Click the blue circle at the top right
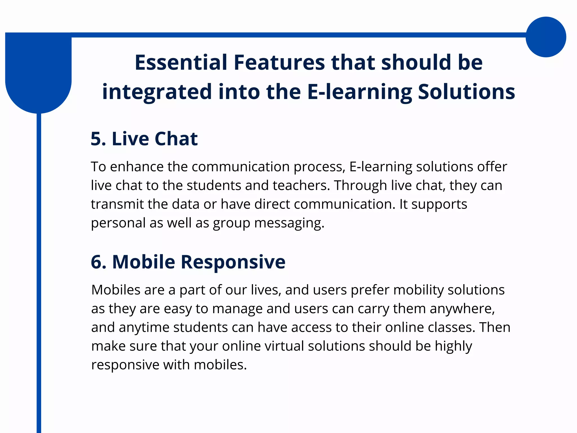tap(546, 37)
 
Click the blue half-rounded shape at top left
tap(38, 73)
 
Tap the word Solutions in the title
tap(466, 92)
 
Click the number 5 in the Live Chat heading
tap(96, 139)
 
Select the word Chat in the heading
tap(176, 139)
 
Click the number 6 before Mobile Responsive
tap(97, 262)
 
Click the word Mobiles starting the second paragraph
tap(116, 290)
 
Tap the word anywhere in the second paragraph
tap(462, 309)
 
